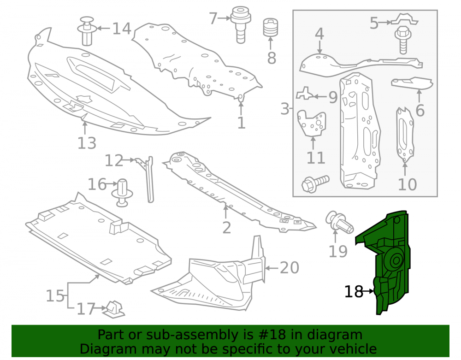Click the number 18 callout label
coord(354,291)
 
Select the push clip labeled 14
coord(87,31)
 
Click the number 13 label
coord(87,143)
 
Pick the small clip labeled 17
coord(113,310)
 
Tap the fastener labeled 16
coord(122,193)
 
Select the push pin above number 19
coord(339,222)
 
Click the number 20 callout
coord(290,268)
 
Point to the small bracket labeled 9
coord(305,93)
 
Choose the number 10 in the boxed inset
coord(407,184)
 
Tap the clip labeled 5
coord(404,19)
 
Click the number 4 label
coord(319,34)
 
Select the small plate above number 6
coord(412,83)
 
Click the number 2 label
coord(226,227)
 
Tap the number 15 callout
coord(55,295)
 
